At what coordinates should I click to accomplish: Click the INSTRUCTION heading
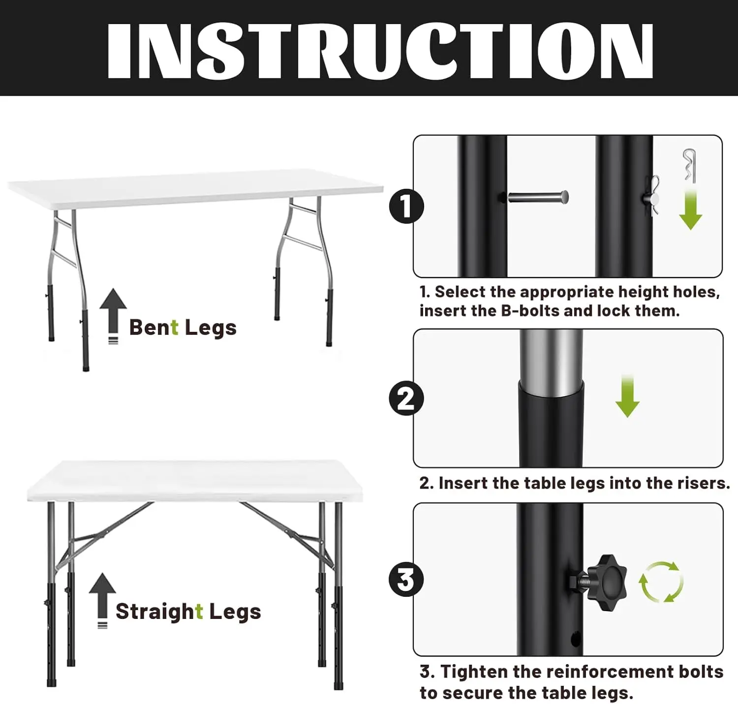(380, 51)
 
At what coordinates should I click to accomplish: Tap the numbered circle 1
(406, 206)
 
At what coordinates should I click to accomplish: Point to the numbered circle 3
(406, 579)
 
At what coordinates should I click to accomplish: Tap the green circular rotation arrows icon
(661, 582)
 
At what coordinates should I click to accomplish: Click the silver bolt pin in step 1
(538, 197)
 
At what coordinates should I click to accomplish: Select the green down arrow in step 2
(627, 396)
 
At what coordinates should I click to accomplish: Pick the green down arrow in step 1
(690, 209)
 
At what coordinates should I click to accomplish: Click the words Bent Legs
(183, 328)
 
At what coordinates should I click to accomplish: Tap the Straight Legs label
(188, 612)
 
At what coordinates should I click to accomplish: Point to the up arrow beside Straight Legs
(102, 600)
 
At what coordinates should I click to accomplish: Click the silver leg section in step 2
(551, 362)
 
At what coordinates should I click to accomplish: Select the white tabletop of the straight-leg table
(195, 481)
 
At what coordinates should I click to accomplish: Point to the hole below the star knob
(576, 639)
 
